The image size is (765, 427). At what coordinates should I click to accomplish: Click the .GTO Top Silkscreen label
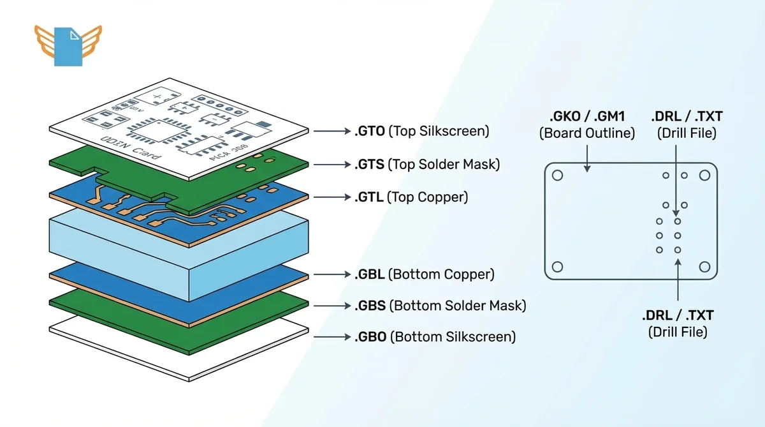[421, 131]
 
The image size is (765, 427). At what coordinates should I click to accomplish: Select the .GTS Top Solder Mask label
[426, 164]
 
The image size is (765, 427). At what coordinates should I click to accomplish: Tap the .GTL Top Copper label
[411, 197]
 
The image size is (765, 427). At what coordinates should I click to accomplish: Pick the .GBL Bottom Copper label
[424, 274]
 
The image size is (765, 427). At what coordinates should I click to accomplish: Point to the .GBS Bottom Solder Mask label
[440, 306]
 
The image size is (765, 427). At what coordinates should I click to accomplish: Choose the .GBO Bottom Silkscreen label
[435, 336]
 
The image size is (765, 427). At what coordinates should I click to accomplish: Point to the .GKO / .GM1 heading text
[587, 117]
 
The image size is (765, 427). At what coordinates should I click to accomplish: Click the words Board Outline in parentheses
[587, 133]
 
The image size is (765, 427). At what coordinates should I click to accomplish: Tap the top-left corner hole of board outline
[557, 176]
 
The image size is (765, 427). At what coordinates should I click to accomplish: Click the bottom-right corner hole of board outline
[704, 267]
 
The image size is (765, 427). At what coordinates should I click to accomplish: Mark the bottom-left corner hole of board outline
[557, 267]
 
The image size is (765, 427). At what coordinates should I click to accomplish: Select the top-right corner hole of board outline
[704, 176]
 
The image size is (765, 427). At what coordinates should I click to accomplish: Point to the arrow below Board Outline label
[587, 156]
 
